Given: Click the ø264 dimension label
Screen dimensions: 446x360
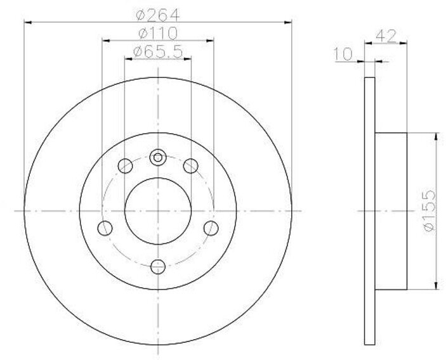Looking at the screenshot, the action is [158, 15].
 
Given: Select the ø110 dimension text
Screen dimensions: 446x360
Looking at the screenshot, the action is [158, 34].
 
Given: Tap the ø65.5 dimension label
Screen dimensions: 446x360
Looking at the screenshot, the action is [158, 52].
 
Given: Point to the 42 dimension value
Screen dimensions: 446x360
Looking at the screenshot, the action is [386, 35].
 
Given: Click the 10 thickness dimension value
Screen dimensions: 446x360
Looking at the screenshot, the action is [343, 54].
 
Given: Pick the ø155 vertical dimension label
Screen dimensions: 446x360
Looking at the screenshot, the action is [430, 211].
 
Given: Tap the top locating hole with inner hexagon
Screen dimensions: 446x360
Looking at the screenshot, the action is [158, 157].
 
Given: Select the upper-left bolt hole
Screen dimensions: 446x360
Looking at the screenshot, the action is [125, 166].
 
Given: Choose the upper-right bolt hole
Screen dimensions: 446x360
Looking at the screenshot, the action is [190, 166].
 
